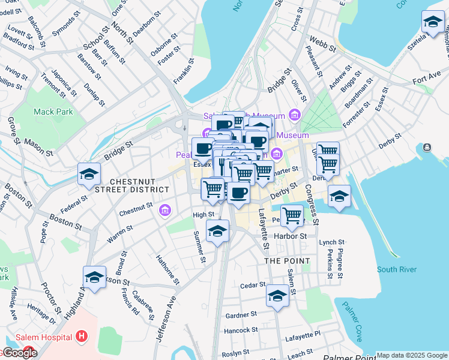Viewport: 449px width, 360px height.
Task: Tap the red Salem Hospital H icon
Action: point(82,337)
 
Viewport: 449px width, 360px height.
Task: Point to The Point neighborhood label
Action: point(288,261)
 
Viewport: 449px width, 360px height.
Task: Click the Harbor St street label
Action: point(290,236)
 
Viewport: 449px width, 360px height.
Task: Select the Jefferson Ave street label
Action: point(166,319)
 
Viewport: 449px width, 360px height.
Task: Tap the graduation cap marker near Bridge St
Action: point(89,174)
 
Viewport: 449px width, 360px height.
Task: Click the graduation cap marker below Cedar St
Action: point(277,296)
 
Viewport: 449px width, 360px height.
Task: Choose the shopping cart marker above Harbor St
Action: point(292,214)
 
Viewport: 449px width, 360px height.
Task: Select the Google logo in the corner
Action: point(19,353)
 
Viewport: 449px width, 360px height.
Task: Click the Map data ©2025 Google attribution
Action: point(412,355)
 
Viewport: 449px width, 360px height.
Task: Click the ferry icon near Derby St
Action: point(427,147)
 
